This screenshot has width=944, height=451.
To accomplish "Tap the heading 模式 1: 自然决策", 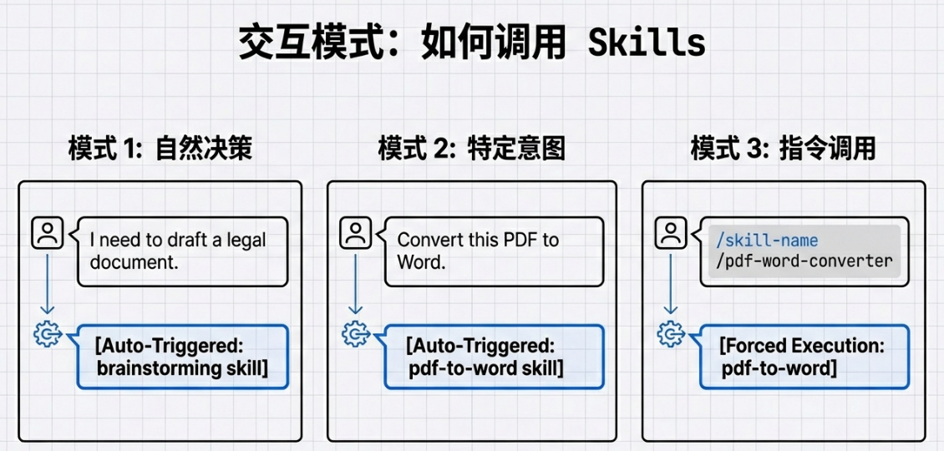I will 160,149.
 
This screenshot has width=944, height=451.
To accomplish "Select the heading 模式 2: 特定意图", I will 471,149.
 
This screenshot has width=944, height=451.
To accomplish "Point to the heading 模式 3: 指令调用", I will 783,149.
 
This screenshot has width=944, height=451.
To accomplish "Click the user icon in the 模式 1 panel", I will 47,233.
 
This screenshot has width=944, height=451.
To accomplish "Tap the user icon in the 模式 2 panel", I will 356,233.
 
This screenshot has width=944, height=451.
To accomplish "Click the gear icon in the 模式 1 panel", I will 47,334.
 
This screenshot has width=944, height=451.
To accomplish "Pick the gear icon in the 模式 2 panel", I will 356,334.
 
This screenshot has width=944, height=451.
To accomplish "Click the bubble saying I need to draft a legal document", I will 181,251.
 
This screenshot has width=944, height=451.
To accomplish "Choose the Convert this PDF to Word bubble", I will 493,251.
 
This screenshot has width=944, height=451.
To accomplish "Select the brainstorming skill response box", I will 181,357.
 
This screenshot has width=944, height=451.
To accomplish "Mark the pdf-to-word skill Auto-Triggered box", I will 493,357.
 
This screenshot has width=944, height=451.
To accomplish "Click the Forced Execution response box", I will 802,357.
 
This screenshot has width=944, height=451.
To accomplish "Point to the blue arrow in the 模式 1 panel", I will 47,284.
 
